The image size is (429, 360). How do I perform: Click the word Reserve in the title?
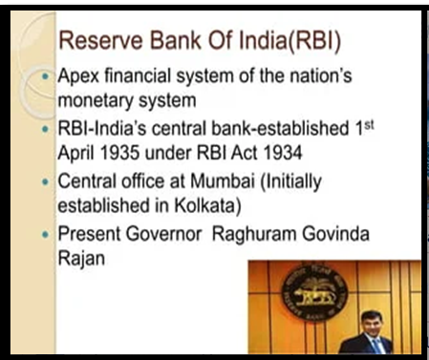pyautogui.click(x=100, y=40)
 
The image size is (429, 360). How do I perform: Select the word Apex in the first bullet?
pyautogui.click(x=78, y=76)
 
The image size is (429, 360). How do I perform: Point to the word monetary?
pyautogui.click(x=96, y=101)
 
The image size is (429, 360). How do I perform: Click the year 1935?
pyautogui.click(x=119, y=153)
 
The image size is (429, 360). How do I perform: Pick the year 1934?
pyautogui.click(x=283, y=153)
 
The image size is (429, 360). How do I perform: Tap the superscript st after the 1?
pyautogui.click(x=369, y=125)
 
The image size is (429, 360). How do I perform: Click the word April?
pyautogui.click(x=76, y=154)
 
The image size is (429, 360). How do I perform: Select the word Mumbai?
pyautogui.click(x=223, y=181)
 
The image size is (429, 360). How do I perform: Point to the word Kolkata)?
pyautogui.click(x=207, y=205)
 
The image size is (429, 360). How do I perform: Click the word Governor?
pyautogui.click(x=163, y=234)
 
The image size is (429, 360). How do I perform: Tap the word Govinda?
pyautogui.click(x=335, y=234)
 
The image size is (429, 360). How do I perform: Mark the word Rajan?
pyautogui.click(x=81, y=259)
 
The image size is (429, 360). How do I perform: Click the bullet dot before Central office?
pyautogui.click(x=46, y=182)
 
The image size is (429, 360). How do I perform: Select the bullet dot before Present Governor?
pyautogui.click(x=46, y=235)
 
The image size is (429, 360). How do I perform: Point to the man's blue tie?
pyautogui.click(x=378, y=347)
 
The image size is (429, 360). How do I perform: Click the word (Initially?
pyautogui.click(x=291, y=182)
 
